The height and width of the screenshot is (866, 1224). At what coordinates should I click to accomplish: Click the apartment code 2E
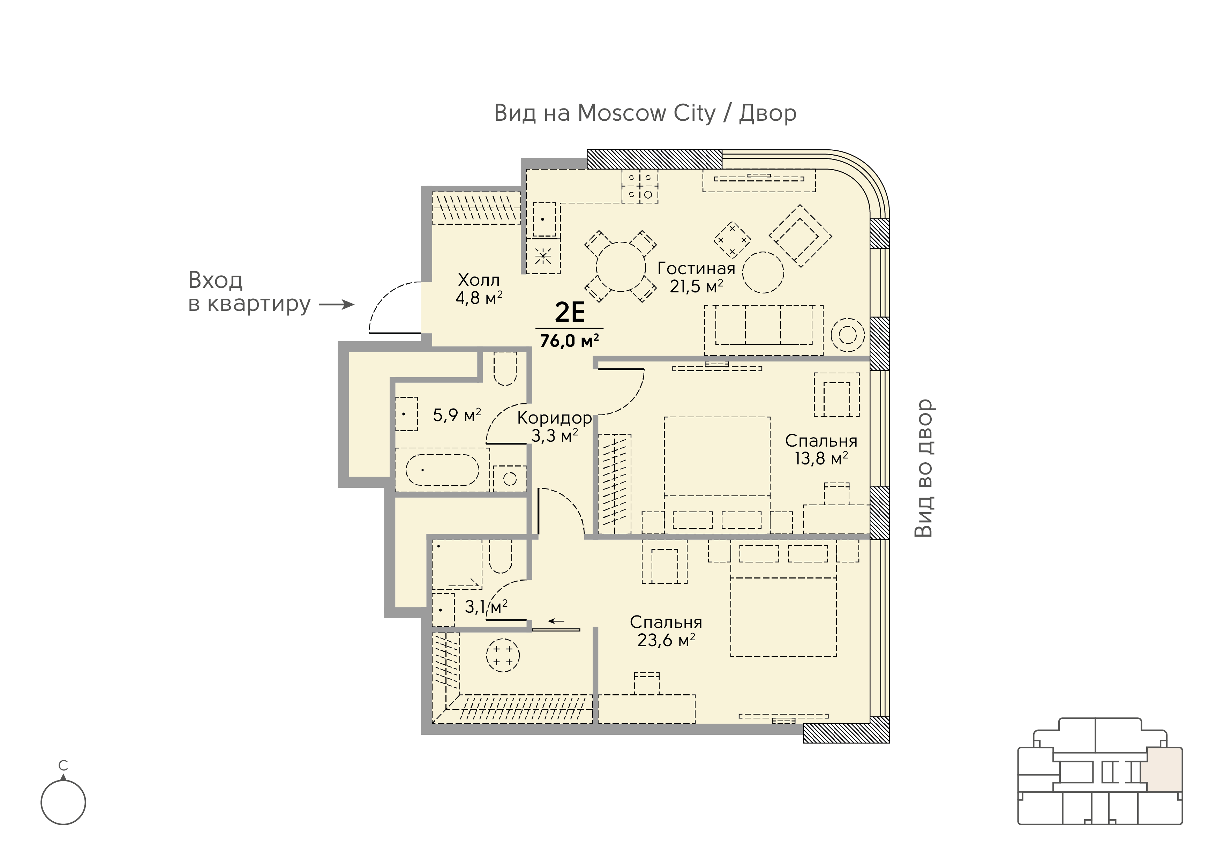[x=570, y=313]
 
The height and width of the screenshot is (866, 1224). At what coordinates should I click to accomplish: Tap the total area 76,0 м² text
[x=569, y=340]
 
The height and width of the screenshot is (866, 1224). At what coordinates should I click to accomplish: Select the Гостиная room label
[x=696, y=268]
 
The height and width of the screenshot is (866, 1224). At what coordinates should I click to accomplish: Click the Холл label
[x=479, y=280]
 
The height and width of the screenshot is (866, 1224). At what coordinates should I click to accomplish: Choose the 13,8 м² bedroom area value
[x=821, y=458]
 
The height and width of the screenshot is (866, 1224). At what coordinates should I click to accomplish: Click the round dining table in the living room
[x=621, y=267]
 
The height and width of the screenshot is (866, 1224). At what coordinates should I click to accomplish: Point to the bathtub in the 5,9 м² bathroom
[x=442, y=470]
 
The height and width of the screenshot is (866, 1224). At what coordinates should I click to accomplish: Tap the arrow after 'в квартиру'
[x=336, y=305]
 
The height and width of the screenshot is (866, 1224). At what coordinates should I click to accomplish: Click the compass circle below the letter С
[x=63, y=802]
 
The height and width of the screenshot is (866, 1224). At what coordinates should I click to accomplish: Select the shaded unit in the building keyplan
[x=1165, y=769]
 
